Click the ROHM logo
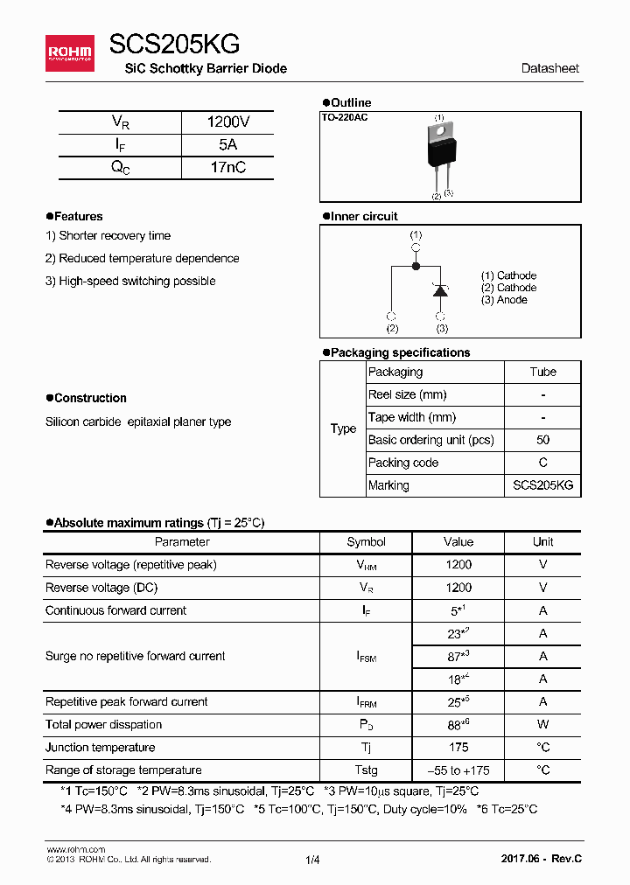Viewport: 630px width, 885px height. tap(70, 53)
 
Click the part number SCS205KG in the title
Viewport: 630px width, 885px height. tap(175, 45)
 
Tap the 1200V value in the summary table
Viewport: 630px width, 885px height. tap(227, 122)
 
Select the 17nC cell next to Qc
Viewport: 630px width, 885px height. tap(227, 168)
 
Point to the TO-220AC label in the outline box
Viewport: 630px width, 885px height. tap(345, 117)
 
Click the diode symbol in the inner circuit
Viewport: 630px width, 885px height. tap(442, 290)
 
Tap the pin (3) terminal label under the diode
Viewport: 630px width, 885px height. tap(442, 329)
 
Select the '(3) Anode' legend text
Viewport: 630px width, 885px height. tap(504, 300)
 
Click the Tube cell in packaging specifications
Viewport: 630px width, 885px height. tap(542, 372)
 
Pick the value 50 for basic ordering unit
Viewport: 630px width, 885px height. tap(542, 440)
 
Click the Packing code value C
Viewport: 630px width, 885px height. tap(542, 463)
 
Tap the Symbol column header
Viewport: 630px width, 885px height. tap(366, 542)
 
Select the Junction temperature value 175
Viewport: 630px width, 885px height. tap(458, 748)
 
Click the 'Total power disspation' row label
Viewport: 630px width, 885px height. tap(103, 725)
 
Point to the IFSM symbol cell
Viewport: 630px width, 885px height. tap(366, 657)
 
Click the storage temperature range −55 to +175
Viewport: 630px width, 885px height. tap(458, 770)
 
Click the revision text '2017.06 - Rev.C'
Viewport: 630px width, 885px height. tap(541, 860)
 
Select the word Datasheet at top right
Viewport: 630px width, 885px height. tap(549, 68)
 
